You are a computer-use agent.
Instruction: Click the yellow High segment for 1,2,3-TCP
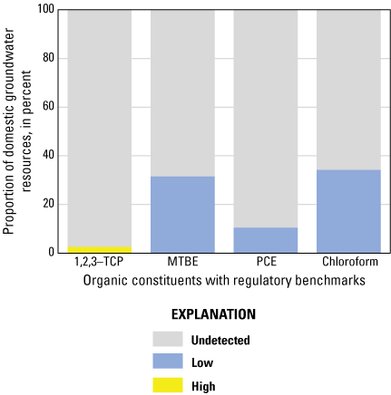click(x=99, y=249)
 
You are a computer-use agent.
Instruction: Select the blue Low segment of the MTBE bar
click(x=182, y=214)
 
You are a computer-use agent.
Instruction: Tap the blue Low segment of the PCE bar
click(x=266, y=239)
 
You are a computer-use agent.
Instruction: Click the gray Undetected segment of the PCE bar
click(x=266, y=118)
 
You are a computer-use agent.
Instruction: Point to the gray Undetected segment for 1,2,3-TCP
click(x=99, y=127)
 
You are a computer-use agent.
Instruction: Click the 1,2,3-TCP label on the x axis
click(x=99, y=264)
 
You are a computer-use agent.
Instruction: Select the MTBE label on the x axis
click(x=182, y=264)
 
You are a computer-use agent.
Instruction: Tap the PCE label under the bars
click(x=266, y=264)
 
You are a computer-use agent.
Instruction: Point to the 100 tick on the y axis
click(x=45, y=10)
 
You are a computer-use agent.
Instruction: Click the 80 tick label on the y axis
click(x=49, y=58)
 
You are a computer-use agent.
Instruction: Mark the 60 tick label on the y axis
click(x=49, y=107)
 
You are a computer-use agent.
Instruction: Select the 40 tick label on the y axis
click(x=49, y=155)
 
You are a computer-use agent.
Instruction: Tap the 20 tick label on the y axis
click(x=49, y=204)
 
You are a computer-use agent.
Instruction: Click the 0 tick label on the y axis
click(x=52, y=252)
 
